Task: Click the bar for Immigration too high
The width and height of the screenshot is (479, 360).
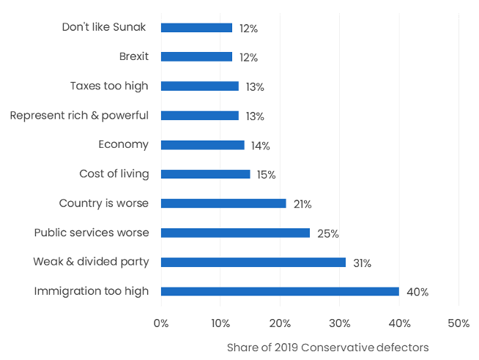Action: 280,291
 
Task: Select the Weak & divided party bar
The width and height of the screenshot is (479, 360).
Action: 253,262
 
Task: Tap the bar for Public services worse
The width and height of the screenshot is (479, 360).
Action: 235,233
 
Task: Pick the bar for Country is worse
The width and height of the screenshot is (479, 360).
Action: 223,203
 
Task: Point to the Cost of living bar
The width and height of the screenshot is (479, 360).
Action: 205,174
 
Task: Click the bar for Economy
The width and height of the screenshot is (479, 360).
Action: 202,145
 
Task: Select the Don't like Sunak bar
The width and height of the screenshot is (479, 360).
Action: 196,28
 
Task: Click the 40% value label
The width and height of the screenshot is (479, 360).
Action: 417,292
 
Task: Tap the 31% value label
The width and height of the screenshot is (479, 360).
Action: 363,263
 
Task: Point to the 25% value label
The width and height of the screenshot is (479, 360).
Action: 327,233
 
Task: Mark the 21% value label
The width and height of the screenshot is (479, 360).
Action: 302,204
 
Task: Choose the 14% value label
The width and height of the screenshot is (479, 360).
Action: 260,146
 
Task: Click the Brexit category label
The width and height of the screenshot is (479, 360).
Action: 133,56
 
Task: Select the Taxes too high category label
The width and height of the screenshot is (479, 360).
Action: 109,86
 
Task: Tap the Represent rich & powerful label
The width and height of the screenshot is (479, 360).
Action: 79,115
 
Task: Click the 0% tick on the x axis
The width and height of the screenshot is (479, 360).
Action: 161,323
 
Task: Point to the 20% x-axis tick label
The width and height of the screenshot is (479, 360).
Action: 280,323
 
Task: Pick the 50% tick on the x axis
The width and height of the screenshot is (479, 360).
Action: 458,323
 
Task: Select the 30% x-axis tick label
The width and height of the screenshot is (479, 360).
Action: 339,323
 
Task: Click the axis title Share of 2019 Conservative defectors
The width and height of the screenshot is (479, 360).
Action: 327,347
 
